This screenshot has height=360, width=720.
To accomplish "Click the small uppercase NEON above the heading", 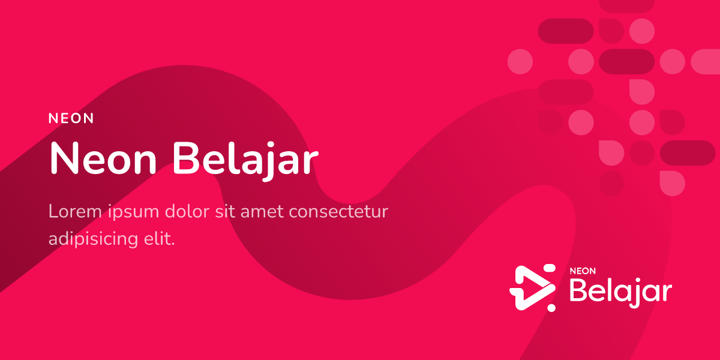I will point(71,118).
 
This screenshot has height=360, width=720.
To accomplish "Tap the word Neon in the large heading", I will point(103,159).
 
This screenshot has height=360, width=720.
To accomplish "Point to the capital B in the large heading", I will point(186,159).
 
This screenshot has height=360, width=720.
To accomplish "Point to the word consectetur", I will point(339,212).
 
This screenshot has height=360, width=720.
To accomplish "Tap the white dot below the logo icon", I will point(551,308).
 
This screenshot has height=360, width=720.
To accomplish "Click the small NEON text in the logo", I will point(583,271).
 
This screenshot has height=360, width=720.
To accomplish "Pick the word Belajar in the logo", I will point(620,292).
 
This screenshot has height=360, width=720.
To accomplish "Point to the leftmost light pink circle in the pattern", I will point(520,61).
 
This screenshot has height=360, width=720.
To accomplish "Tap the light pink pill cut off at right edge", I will point(706,61).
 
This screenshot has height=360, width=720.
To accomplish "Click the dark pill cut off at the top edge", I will point(627,5).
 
